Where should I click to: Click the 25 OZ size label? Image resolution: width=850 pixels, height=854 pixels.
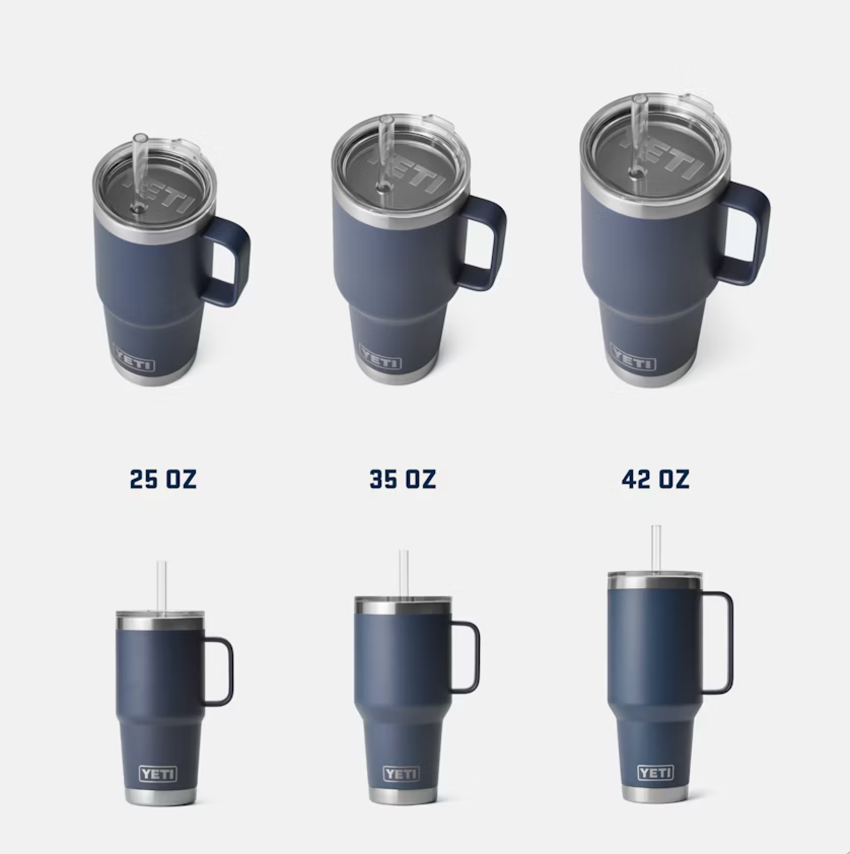(163, 479)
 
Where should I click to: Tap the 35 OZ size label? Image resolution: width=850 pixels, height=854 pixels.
(403, 479)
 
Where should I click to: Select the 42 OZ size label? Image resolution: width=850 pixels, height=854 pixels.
(655, 479)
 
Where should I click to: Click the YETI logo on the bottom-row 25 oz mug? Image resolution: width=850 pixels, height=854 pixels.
(158, 788)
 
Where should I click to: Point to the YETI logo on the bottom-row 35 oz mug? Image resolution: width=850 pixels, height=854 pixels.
(401, 788)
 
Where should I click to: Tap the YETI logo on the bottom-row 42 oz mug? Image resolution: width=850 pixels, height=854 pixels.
(655, 787)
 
